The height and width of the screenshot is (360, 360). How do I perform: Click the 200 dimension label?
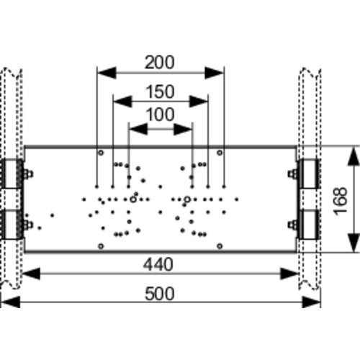pos(160,63)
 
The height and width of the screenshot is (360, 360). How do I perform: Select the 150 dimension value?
pos(161,91)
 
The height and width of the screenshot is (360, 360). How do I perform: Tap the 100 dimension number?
pos(161,114)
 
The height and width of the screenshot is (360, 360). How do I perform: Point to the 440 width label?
pos(158,264)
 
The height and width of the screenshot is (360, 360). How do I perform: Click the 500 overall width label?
pos(160,294)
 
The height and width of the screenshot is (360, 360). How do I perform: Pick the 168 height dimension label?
pos(341,201)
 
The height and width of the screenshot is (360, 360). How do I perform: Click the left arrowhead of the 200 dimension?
pos(107,73)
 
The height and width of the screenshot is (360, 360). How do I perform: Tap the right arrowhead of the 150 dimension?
pos(199,102)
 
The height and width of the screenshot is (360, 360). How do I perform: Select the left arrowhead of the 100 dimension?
pos(138,130)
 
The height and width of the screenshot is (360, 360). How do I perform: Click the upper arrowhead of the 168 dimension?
pos(354,156)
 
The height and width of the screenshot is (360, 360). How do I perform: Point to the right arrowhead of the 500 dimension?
pos(311,302)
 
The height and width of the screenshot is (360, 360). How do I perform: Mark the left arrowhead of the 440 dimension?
pos(31,274)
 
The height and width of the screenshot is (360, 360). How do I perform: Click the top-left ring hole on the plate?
pos(101,153)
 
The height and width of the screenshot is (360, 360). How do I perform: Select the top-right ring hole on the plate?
pos(220,153)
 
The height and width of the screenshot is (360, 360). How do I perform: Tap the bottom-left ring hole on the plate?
pos(101,246)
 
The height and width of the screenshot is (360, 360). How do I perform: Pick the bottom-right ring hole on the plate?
pos(220,246)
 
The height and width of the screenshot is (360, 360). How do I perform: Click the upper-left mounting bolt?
pos(28,174)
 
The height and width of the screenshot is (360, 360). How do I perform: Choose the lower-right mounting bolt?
pos(293,225)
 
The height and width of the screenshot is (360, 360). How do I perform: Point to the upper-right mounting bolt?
pos(293,174)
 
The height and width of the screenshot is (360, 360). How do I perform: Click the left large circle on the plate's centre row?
pos(133,199)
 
